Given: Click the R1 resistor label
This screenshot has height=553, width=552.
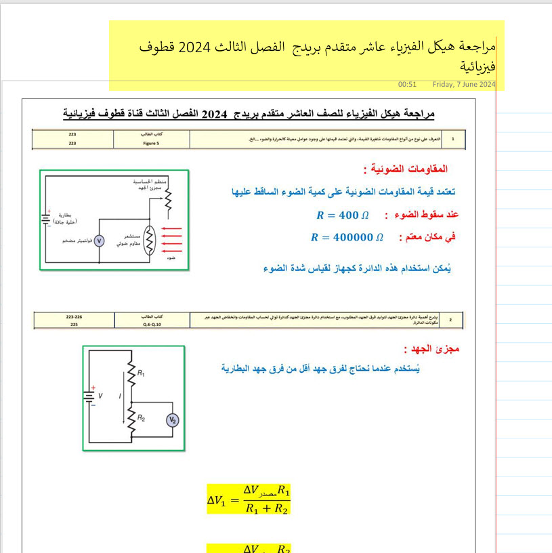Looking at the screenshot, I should tap(141, 373).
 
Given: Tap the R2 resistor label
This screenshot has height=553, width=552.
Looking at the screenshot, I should tap(141, 418).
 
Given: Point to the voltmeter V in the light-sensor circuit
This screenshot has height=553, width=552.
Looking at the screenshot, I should tap(98, 241).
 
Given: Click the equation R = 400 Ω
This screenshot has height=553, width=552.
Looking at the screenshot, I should tap(342, 216).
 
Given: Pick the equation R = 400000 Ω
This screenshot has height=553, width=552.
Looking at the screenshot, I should tap(347, 238).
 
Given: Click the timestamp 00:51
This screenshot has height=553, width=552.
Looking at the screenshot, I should tap(407, 85).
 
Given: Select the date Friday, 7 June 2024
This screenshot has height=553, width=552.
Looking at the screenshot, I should tap(464, 85).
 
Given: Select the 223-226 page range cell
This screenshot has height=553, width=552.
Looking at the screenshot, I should tap(74, 317).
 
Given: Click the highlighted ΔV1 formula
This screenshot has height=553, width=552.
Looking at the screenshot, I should tap(249, 499).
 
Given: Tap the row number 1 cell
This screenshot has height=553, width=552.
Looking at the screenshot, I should tap(452, 138).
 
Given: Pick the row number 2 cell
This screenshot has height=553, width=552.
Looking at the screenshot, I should tap(451, 319).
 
